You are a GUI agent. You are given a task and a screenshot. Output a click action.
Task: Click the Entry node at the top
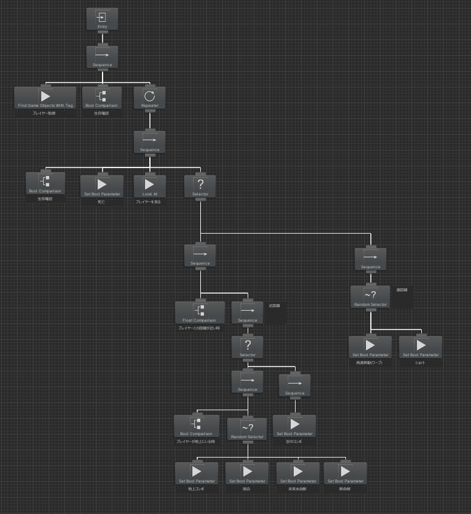coord(102,19)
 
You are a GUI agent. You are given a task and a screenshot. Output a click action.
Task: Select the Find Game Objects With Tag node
coord(45,99)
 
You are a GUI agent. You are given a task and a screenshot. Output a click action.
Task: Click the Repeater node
coord(149,99)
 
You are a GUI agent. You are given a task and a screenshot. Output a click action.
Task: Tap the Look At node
coord(149,188)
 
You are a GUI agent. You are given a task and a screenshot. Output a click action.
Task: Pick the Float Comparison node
coord(200,314)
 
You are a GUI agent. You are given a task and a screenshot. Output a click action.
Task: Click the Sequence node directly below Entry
coord(102,58)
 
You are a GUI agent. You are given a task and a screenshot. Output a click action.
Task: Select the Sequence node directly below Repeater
coord(149,143)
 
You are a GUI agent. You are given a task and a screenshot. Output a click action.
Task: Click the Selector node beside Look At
coord(200,188)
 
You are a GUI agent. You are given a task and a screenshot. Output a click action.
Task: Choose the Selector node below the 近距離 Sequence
coord(247,348)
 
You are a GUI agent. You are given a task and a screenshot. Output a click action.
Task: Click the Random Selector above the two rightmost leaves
coord(370,297)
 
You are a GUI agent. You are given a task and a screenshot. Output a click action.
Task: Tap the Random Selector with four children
coord(248,430)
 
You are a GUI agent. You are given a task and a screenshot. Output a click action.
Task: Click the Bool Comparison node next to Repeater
coord(102,99)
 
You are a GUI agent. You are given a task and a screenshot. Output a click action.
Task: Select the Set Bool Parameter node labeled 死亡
coord(101,188)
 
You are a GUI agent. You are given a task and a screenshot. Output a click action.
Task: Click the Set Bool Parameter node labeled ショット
coord(420,348)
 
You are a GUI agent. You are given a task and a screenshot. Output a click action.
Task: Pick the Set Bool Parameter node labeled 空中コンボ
coord(294,427)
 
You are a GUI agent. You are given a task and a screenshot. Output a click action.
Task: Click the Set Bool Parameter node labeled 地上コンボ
coord(196,474)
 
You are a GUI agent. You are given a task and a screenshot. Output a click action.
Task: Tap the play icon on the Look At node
coord(149,183)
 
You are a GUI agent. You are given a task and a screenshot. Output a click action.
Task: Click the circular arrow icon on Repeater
coord(149,95)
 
